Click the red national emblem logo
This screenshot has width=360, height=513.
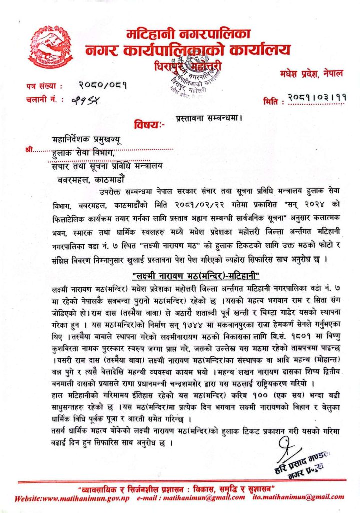[50, 48]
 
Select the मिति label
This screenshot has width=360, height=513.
[273, 102]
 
